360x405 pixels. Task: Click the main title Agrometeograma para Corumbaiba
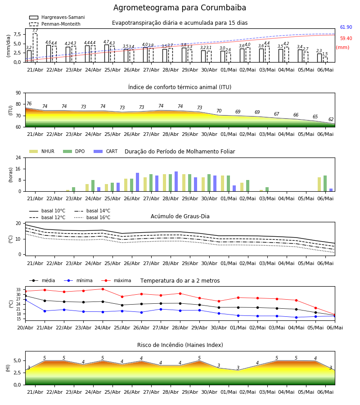point(180,8)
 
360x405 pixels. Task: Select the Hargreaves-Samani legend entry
point(57,17)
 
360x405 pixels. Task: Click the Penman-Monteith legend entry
point(55,24)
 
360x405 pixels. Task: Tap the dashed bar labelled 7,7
point(35,48)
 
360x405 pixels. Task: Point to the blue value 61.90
point(346,27)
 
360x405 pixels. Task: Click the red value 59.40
point(346,39)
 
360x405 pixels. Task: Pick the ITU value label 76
point(29,103)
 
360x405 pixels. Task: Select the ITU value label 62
point(331,119)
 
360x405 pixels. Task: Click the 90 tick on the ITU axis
point(18,93)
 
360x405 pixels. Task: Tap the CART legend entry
point(106,151)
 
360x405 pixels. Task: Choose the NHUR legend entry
point(42,151)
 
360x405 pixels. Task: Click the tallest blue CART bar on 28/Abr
point(176,181)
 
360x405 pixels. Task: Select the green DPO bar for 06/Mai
point(325,184)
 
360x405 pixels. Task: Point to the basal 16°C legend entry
point(92,217)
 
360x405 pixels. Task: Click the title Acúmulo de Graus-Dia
point(180,216)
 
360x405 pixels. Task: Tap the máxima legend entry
point(116,280)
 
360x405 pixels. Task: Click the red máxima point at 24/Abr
point(103,289)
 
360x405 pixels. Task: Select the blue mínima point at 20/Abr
point(25,300)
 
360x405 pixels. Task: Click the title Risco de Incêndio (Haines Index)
point(180,345)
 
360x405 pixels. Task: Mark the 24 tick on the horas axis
point(18,157)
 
